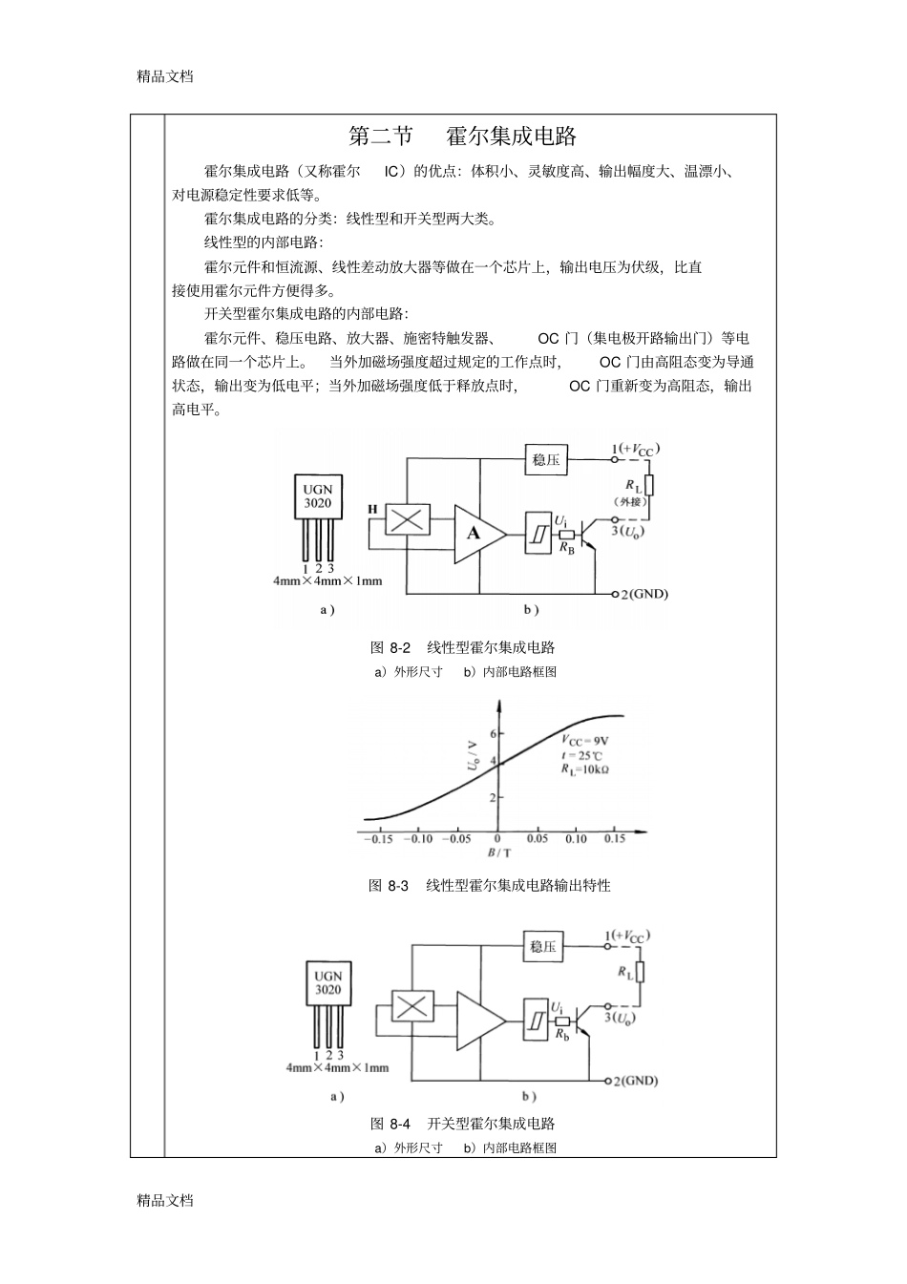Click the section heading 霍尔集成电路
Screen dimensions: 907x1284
512,137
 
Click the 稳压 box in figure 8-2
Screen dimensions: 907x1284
545,460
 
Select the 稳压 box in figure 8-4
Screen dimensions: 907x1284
543,947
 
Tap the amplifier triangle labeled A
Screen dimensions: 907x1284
478,532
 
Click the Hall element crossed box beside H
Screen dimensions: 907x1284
408,520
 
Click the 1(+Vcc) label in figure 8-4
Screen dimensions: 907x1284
627,937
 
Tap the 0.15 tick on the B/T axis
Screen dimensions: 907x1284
615,839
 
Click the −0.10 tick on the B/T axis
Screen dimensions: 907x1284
417,839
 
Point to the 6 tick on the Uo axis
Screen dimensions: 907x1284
492,733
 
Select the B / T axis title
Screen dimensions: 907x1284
498,853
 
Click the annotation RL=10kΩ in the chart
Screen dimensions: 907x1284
585,768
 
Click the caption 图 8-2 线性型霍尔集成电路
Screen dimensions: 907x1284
463,647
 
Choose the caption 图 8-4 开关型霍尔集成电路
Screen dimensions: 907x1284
463,1124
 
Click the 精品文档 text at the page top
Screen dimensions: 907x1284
165,76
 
